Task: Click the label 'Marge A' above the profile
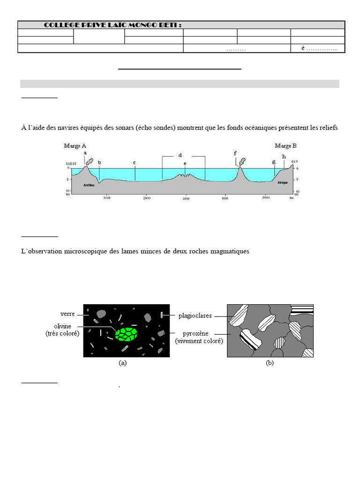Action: click(75, 146)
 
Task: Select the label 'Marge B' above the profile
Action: click(285, 146)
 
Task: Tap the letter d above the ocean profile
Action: click(180, 155)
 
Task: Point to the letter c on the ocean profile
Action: click(135, 163)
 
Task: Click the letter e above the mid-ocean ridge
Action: click(185, 164)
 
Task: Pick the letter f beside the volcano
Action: click(235, 153)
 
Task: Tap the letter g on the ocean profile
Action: click(274, 162)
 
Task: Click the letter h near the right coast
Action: click(284, 156)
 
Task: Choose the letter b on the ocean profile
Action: click(99, 163)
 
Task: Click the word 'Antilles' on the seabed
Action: click(89, 185)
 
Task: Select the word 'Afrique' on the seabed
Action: click(282, 183)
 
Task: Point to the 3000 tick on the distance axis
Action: click(186, 199)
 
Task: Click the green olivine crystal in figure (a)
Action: click(127, 334)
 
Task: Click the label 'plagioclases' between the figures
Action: click(195, 316)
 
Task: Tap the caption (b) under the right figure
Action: click(270, 363)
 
